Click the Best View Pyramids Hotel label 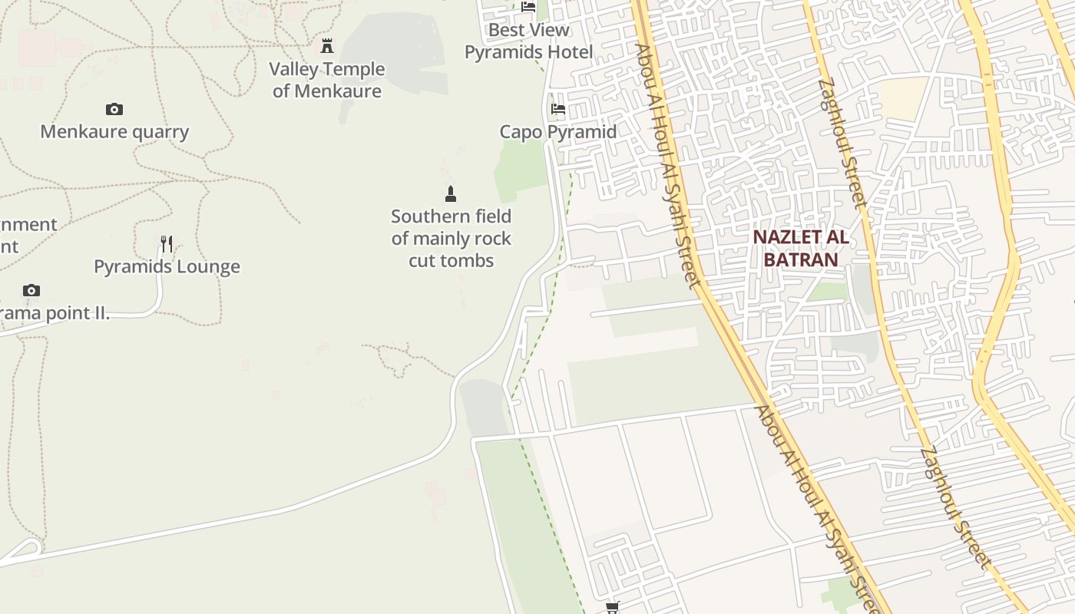click(x=529, y=41)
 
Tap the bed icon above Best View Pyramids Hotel click(x=528, y=7)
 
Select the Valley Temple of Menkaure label click(x=327, y=80)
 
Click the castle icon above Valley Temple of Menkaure click(x=327, y=46)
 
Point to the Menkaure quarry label click(x=114, y=131)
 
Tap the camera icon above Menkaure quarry click(x=114, y=110)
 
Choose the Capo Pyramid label click(x=558, y=131)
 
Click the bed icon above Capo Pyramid click(x=558, y=109)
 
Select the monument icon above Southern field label click(x=451, y=193)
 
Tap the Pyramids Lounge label click(x=167, y=267)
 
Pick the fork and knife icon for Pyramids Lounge click(x=167, y=244)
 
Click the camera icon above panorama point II click(x=31, y=290)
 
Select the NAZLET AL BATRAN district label click(x=801, y=248)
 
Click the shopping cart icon click(x=612, y=608)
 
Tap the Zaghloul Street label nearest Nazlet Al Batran click(x=842, y=144)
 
